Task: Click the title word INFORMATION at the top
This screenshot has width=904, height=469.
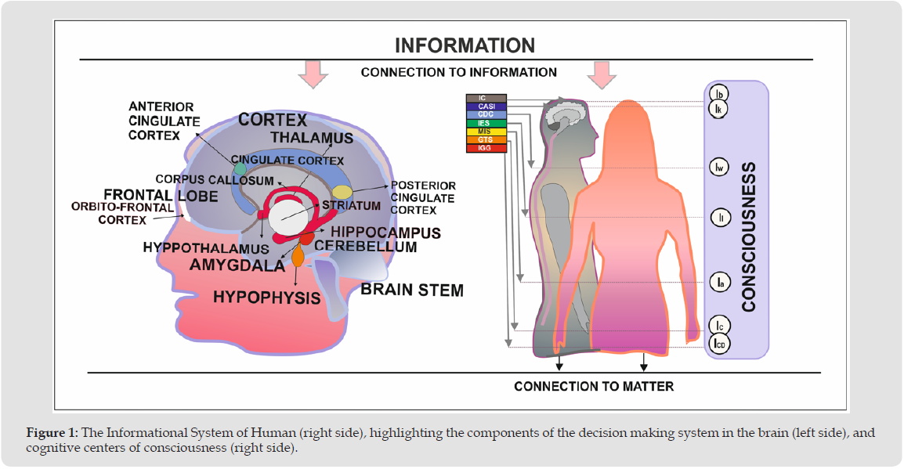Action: pyautogui.click(x=465, y=45)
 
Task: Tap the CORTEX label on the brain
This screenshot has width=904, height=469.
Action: pyautogui.click(x=273, y=120)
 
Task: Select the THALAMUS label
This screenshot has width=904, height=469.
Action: pyautogui.click(x=312, y=138)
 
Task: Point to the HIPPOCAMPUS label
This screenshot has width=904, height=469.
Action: pyautogui.click(x=385, y=233)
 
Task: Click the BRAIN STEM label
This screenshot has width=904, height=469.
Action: pyautogui.click(x=412, y=290)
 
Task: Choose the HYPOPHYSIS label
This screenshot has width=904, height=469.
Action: pyautogui.click(x=267, y=298)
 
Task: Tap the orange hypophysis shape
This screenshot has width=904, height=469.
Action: pyautogui.click(x=298, y=256)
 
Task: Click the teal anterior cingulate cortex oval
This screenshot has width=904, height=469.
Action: pyautogui.click(x=240, y=168)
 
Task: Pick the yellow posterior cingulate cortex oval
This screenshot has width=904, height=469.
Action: pyautogui.click(x=342, y=192)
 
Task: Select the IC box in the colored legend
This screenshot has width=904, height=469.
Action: pyautogui.click(x=486, y=98)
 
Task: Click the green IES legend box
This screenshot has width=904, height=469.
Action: pyautogui.click(x=486, y=123)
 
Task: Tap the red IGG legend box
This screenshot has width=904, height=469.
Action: pyautogui.click(x=486, y=148)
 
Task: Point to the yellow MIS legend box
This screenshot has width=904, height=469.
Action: pyautogui.click(x=486, y=132)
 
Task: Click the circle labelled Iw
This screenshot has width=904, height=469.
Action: pyautogui.click(x=719, y=167)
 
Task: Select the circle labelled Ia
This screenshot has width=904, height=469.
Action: pyautogui.click(x=719, y=282)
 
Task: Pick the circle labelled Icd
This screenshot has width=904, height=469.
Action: pyautogui.click(x=719, y=343)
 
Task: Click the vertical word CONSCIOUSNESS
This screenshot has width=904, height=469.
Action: pyautogui.click(x=749, y=237)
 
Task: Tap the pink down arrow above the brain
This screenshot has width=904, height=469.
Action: pyautogui.click(x=313, y=74)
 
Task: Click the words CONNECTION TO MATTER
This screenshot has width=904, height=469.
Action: pyautogui.click(x=594, y=386)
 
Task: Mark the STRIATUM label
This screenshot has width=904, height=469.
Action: pyautogui.click(x=350, y=206)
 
